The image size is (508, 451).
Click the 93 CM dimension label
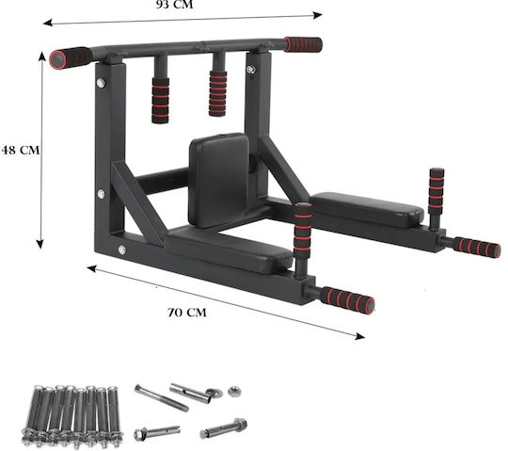click(x=175, y=5)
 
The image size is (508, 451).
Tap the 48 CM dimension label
click(x=21, y=150)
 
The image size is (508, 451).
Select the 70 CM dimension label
click(x=187, y=313)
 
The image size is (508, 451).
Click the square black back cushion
click(x=219, y=180)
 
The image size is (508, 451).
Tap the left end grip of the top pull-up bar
click(x=71, y=57)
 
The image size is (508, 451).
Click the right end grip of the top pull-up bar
click(x=303, y=44)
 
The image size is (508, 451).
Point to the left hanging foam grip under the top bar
click(x=160, y=100)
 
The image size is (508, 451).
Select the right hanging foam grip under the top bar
click(x=217, y=93)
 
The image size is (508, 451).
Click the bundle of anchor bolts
click(x=72, y=416)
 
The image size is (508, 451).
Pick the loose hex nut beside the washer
click(x=233, y=392)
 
